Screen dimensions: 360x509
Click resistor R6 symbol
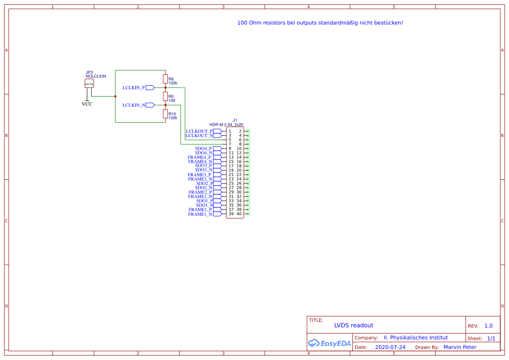click(165, 79)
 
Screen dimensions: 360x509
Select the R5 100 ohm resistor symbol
click(165, 96)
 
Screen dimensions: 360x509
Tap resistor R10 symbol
click(165, 114)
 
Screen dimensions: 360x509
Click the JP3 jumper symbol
click(89, 84)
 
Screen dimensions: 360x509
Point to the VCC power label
click(87, 104)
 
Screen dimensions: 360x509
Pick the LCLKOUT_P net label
click(199, 131)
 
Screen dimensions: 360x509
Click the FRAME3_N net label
click(200, 179)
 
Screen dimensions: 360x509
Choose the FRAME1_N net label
click(200, 214)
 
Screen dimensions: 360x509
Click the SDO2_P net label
click(204, 183)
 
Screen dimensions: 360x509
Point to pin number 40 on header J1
click(239, 214)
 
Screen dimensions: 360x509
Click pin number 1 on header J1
click(230, 131)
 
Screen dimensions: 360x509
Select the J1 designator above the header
click(235, 120)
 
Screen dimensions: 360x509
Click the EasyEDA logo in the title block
click(330, 343)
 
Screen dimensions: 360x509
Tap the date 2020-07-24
click(390, 347)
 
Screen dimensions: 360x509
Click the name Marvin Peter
click(460, 347)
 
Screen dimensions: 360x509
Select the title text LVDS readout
click(354, 325)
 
